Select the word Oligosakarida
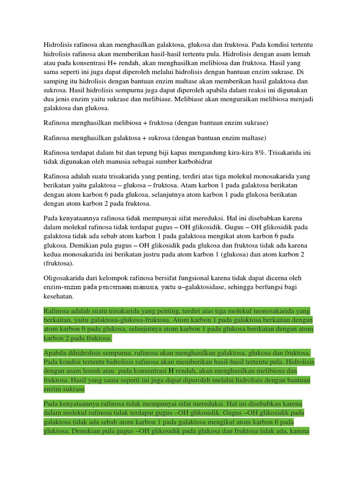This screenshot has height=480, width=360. [65, 278]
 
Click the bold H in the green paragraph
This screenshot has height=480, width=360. [171, 369]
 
